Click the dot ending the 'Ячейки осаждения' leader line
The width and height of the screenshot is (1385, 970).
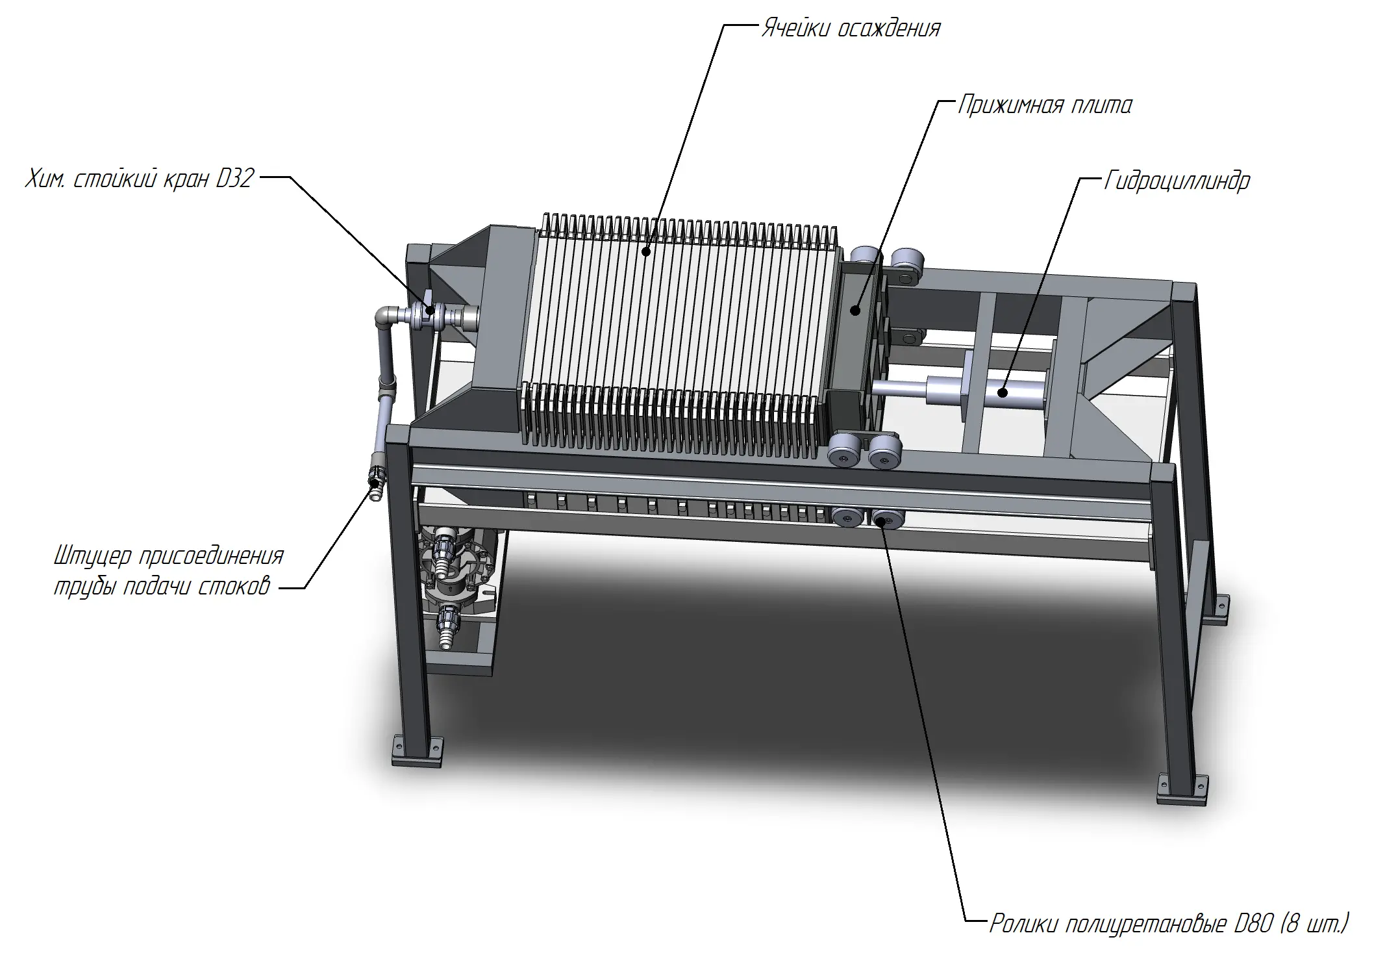point(646,250)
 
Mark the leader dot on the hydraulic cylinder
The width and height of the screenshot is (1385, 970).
point(1003,392)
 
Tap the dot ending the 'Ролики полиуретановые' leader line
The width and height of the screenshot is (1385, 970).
point(883,519)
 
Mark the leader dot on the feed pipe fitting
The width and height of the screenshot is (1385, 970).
point(373,482)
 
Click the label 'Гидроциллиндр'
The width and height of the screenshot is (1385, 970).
point(1177,181)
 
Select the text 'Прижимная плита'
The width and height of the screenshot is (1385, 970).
point(1045,105)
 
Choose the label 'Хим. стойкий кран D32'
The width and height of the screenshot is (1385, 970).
point(139,178)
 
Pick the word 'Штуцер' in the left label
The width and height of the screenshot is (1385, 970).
point(93,557)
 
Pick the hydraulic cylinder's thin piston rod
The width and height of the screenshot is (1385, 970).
point(899,388)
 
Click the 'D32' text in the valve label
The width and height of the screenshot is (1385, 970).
point(234,178)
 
